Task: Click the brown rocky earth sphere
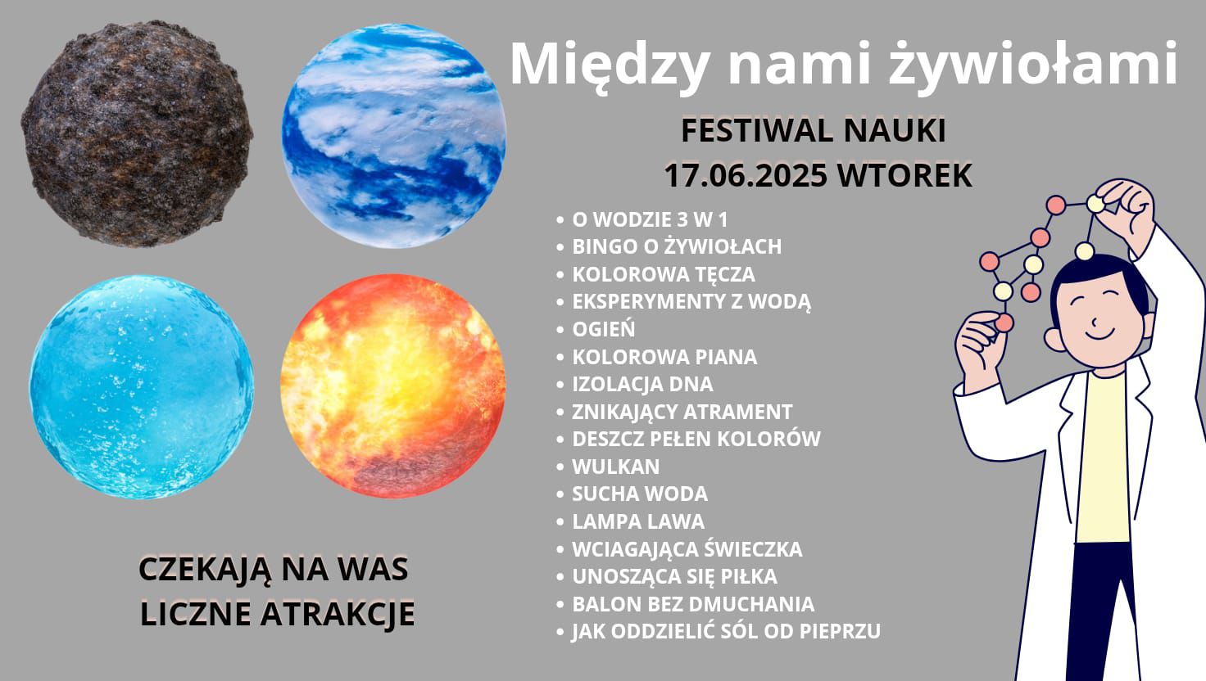click(x=137, y=134)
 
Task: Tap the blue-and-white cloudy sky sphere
click(x=393, y=136)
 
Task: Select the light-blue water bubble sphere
click(x=141, y=387)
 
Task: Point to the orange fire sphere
click(x=393, y=386)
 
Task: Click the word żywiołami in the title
click(x=1033, y=65)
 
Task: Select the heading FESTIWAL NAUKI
click(x=814, y=131)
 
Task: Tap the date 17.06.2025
click(x=746, y=175)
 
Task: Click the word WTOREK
click(x=904, y=175)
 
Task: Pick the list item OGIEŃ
click(x=604, y=329)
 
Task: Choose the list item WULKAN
click(x=615, y=467)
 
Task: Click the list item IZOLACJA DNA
click(x=642, y=384)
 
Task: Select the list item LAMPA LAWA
click(x=638, y=521)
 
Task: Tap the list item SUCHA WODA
click(x=640, y=494)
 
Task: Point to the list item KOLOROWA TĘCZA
click(x=664, y=275)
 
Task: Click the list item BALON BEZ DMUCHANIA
click(x=693, y=604)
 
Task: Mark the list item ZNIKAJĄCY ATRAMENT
click(x=682, y=412)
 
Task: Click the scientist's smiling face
click(x=1099, y=318)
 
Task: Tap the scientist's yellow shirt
click(x=1102, y=458)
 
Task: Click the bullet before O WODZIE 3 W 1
click(x=560, y=220)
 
